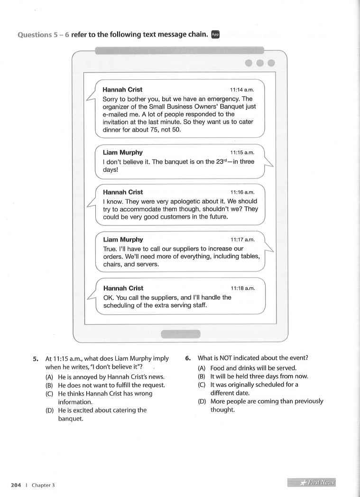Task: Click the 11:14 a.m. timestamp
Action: tap(242, 90)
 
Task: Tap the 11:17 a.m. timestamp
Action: tap(242, 240)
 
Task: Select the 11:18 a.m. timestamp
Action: tap(243, 288)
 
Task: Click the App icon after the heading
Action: tap(215, 34)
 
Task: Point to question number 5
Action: tap(36, 359)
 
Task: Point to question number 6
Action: tap(188, 358)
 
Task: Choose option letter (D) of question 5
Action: tap(49, 410)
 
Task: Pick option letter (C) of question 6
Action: tap(202, 385)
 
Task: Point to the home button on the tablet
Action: tap(180, 334)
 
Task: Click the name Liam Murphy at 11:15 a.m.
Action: tap(122, 153)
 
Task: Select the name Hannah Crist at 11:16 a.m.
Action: tap(123, 192)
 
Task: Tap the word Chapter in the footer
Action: tap(41, 485)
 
